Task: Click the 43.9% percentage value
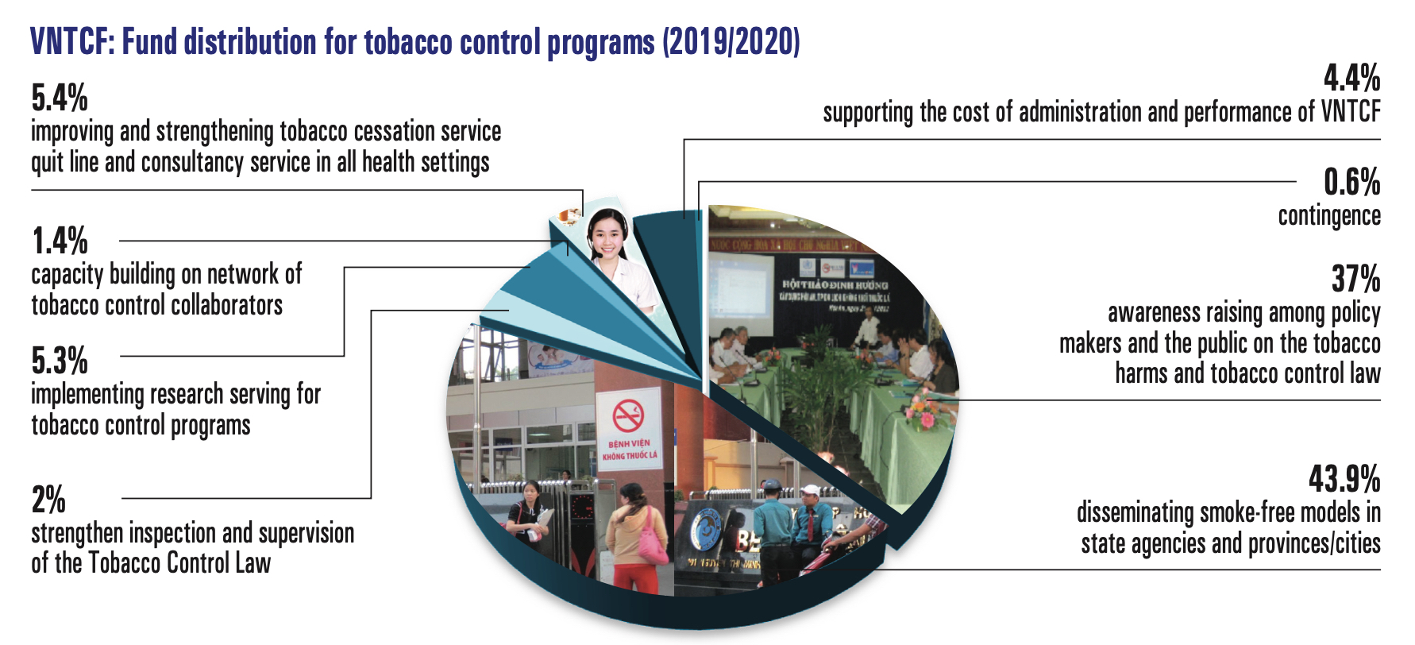point(1344,479)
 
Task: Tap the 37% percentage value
point(1355,280)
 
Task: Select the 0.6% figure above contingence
point(1351,182)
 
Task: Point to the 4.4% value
point(1351,79)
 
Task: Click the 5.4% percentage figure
point(60,98)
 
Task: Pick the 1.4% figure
point(60,241)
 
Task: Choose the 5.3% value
point(60,361)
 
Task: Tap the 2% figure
point(48,500)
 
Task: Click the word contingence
point(1328,216)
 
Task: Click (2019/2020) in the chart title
point(731,41)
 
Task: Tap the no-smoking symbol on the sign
point(628,415)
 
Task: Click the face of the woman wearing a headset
point(607,233)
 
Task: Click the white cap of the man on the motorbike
point(811,490)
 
